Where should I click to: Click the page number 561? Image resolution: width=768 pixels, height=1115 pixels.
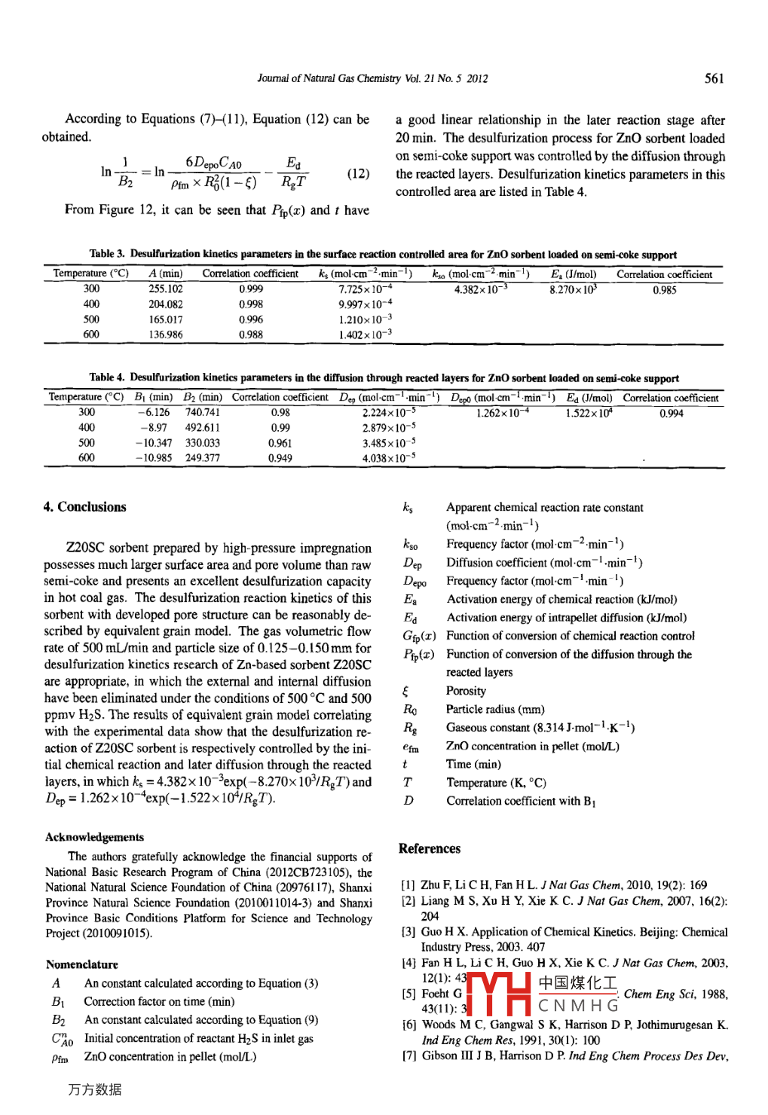tap(714, 78)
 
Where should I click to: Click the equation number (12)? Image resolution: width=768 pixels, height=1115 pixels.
tap(358, 173)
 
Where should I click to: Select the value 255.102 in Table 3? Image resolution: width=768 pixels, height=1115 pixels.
tap(165, 289)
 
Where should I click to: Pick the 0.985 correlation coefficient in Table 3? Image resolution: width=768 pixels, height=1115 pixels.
tap(664, 289)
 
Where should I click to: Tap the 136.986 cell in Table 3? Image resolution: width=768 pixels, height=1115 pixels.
tap(165, 334)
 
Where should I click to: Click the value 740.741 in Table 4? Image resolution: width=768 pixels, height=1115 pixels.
tap(202, 412)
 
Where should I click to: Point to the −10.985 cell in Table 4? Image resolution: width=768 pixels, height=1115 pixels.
tap(154, 457)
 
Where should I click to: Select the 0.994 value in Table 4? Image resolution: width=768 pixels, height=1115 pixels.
tap(671, 413)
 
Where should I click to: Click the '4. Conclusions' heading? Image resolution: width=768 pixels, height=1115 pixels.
tap(84, 507)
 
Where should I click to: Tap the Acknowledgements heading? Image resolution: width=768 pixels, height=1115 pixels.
tap(94, 837)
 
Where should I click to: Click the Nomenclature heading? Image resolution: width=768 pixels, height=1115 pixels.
tap(81, 964)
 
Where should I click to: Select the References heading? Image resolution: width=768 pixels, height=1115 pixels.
tap(429, 848)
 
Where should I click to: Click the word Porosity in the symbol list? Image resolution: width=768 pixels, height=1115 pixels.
tap(466, 691)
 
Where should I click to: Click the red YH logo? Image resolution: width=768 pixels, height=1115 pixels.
tap(499, 994)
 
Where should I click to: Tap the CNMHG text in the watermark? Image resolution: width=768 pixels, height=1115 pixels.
tap(578, 1006)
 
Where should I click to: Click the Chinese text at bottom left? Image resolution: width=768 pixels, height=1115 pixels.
tap(94, 1089)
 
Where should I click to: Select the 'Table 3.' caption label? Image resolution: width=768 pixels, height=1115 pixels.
tap(106, 255)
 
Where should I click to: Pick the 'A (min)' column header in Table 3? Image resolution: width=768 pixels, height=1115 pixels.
tap(165, 273)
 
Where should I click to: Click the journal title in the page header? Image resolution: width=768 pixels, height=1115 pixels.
tap(372, 78)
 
